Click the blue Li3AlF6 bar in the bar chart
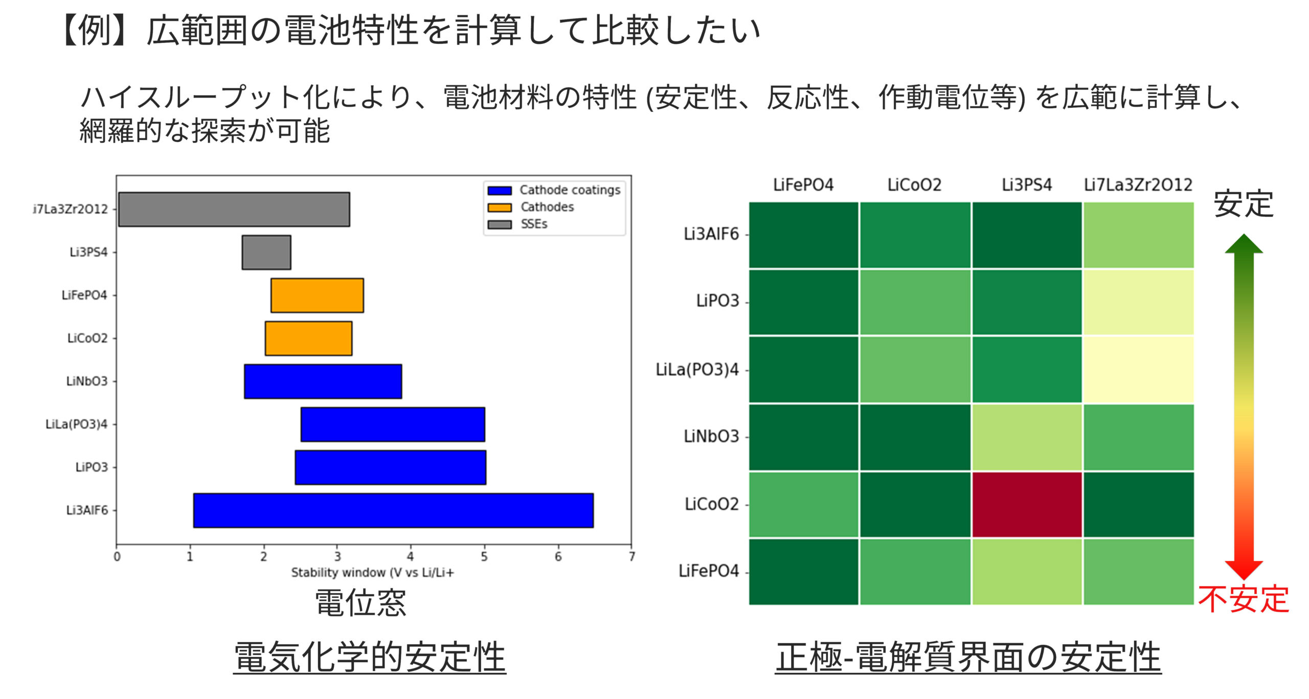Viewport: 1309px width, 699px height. [393, 510]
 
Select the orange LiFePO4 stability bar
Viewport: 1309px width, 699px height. [317, 295]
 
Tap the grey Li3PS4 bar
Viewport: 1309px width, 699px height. [266, 252]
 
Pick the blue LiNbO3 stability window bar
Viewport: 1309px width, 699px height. [323, 381]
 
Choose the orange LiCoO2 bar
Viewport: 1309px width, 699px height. [308, 338]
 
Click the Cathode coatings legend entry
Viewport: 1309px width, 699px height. [554, 190]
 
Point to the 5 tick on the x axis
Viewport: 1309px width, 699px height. [484, 556]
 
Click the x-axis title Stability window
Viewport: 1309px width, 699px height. [372, 572]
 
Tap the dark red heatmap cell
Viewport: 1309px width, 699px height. [1027, 504]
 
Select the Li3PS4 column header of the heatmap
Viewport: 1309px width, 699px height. [1027, 185]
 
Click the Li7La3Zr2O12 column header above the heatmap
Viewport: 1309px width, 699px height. [1138, 185]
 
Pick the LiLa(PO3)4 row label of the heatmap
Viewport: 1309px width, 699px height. [697, 369]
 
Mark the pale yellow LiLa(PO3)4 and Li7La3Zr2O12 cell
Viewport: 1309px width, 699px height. [1138, 369]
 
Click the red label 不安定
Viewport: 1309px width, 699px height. [1244, 599]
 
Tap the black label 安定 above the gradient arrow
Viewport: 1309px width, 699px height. [1244, 204]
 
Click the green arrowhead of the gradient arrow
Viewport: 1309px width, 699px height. [1244, 244]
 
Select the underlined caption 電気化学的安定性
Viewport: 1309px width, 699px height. [370, 657]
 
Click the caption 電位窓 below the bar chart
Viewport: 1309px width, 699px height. [360, 602]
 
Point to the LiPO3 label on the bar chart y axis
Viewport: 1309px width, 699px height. [92, 467]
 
